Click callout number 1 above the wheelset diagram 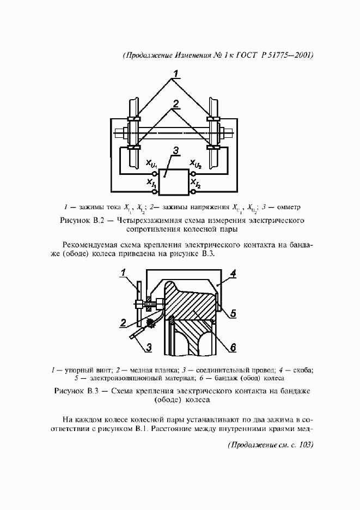pyautogui.click(x=175, y=74)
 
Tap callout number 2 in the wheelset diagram pyautogui.click(x=175, y=104)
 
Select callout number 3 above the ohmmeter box pyautogui.click(x=174, y=150)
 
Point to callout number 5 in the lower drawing pyautogui.click(x=233, y=313)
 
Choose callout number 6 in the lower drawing pyautogui.click(x=233, y=346)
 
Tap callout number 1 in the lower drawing pyautogui.click(x=124, y=272)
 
